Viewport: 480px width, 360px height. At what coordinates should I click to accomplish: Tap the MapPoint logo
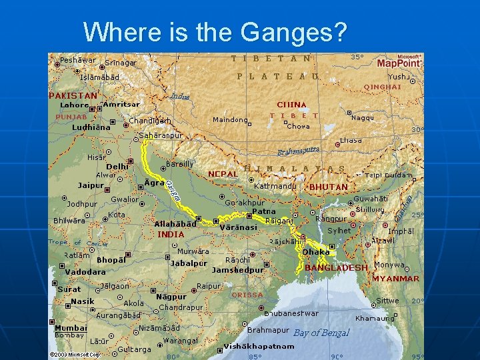(399, 62)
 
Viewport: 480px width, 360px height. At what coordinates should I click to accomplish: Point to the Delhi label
(117, 167)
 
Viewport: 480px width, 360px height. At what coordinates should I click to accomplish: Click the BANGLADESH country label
(336, 267)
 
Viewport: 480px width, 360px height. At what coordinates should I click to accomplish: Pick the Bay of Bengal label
(321, 333)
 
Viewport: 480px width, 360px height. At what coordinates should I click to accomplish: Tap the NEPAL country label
(223, 174)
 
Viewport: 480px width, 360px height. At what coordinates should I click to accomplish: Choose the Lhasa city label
(351, 141)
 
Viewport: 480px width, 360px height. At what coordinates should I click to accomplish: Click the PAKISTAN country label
(73, 95)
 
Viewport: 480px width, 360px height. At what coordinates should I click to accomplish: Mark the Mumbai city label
(71, 328)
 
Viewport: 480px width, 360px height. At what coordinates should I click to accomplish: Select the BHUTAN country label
(329, 187)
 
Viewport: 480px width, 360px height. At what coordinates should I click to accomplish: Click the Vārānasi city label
(238, 227)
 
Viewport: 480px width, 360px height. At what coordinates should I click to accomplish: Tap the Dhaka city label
(316, 252)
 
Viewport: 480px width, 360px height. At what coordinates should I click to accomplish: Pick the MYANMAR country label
(395, 279)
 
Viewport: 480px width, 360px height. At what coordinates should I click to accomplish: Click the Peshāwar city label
(77, 60)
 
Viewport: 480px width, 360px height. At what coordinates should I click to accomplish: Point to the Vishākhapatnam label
(259, 347)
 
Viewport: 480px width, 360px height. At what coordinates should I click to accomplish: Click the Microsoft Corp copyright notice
(75, 354)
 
